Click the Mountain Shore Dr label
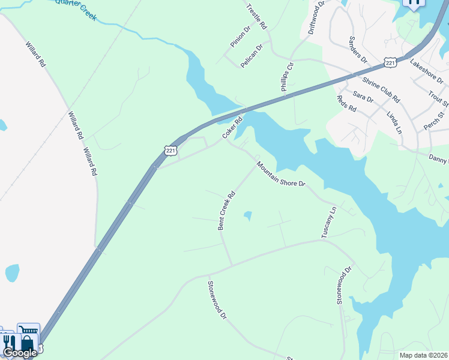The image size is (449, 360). [281, 175]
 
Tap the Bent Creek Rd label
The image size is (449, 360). [226, 211]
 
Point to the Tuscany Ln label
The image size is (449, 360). [329, 222]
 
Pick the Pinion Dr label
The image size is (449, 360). [240, 37]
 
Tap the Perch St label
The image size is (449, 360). [435, 114]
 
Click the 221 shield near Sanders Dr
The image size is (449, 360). [390, 63]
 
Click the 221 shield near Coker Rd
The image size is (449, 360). [172, 151]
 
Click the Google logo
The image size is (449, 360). [20, 352]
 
